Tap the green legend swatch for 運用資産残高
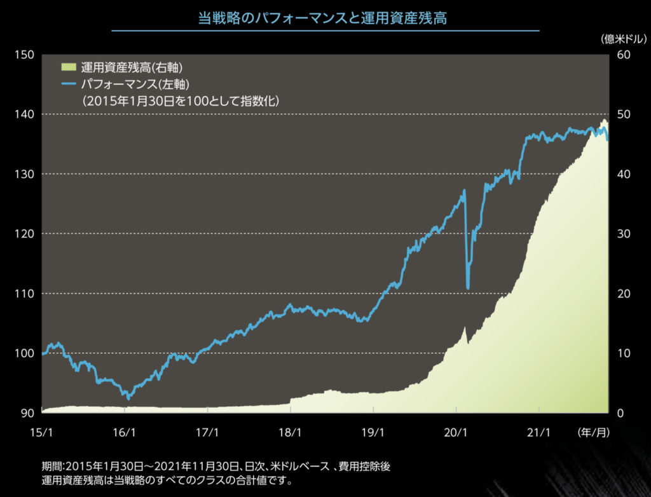click(x=69, y=67)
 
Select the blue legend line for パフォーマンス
click(x=69, y=84)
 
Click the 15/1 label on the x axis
click(x=41, y=433)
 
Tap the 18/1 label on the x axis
click(x=290, y=433)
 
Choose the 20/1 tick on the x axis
click(x=456, y=433)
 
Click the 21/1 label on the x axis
click(x=538, y=433)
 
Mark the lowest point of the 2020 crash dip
click(x=468, y=288)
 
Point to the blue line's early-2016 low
click(x=129, y=398)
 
